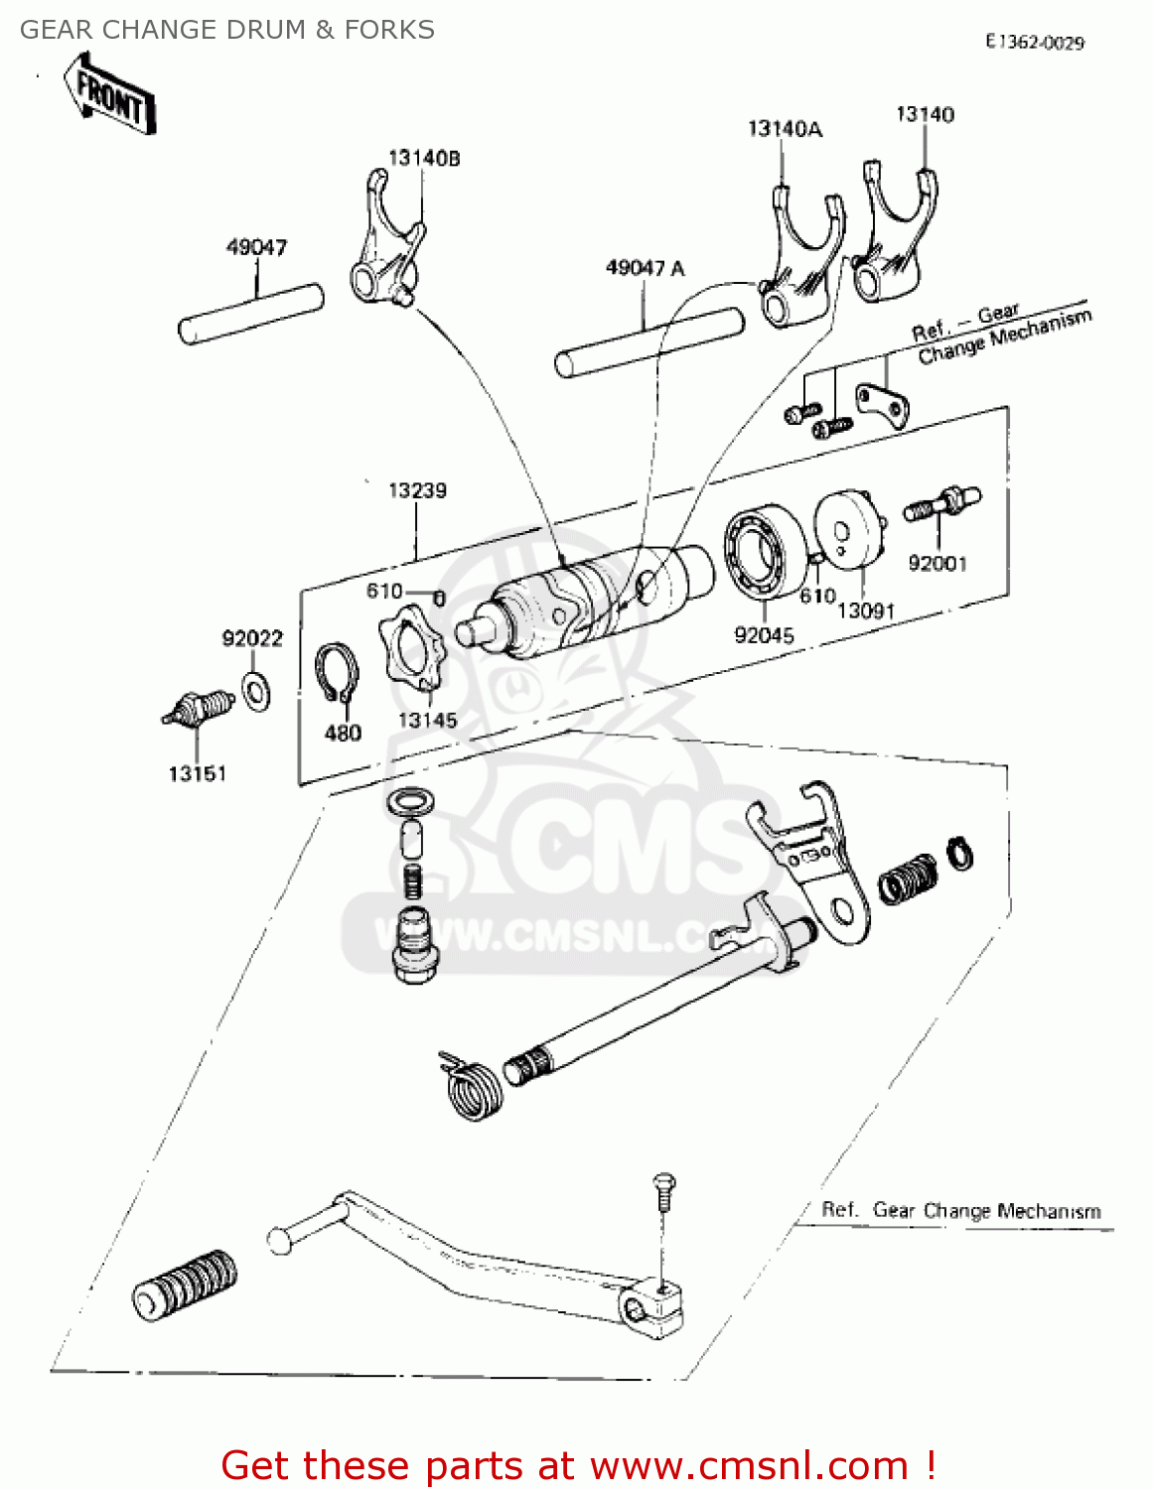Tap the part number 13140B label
pos(424,158)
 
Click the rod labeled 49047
pos(250,316)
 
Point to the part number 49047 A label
pos(645,268)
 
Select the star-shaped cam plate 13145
pos(412,655)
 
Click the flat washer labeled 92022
pos(257,689)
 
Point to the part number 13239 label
pos(417,490)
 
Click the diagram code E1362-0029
pos(1035,42)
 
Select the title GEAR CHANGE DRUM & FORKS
pos(227,30)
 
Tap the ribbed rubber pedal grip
pos(186,1285)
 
